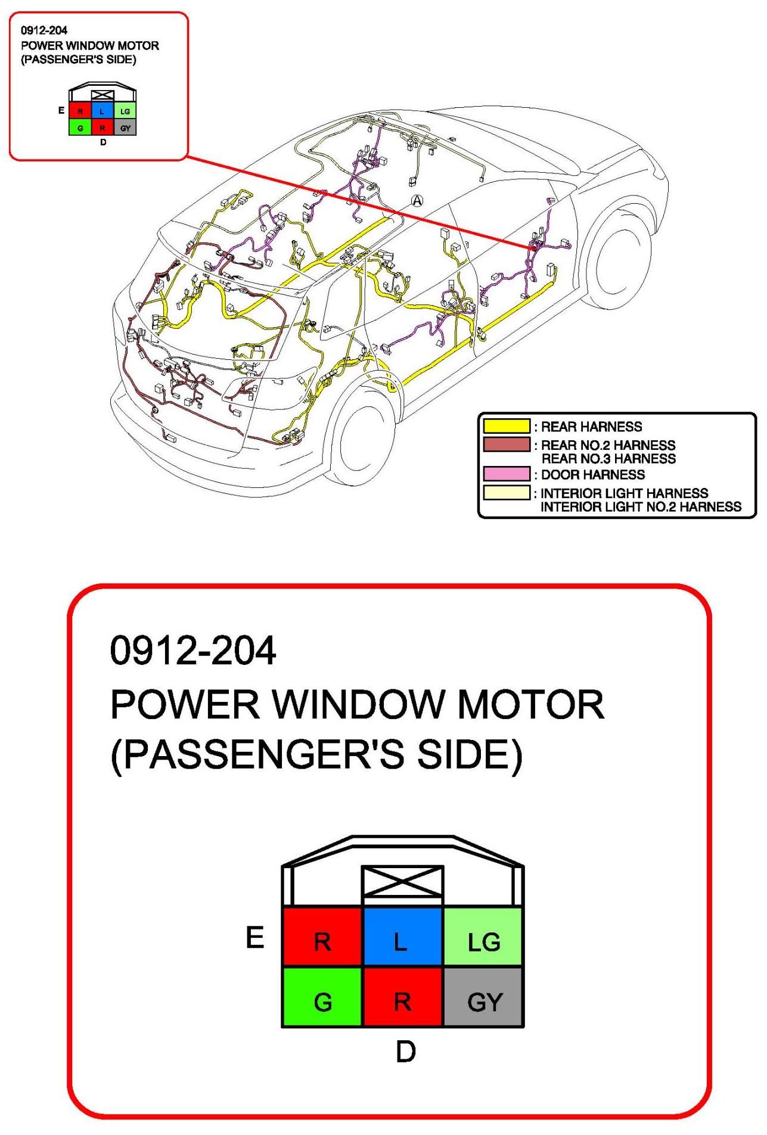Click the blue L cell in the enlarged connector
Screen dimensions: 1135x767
[x=402, y=936]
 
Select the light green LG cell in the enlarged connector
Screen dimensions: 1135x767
[x=483, y=936]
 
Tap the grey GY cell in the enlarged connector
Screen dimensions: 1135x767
[x=483, y=997]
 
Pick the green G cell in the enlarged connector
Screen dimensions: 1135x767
[x=322, y=997]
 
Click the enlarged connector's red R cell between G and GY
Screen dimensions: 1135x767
[x=402, y=997]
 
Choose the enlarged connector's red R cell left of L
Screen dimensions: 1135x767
[x=322, y=936]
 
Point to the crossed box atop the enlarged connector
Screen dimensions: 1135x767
[x=402, y=881]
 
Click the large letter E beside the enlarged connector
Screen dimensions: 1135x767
[x=255, y=937]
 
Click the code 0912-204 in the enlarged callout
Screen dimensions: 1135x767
[x=193, y=650]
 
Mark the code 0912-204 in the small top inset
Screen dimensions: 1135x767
[x=44, y=30]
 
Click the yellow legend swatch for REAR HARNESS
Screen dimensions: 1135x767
[x=506, y=426]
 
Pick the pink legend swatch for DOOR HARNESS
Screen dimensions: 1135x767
[x=506, y=474]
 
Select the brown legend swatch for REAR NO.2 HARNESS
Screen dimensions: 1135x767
[x=506, y=444]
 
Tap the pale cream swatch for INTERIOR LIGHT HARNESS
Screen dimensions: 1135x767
[x=506, y=493]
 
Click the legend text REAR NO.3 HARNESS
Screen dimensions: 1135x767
[x=608, y=459]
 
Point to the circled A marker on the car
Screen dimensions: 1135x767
[x=417, y=201]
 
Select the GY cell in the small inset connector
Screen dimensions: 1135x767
[x=125, y=128]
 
